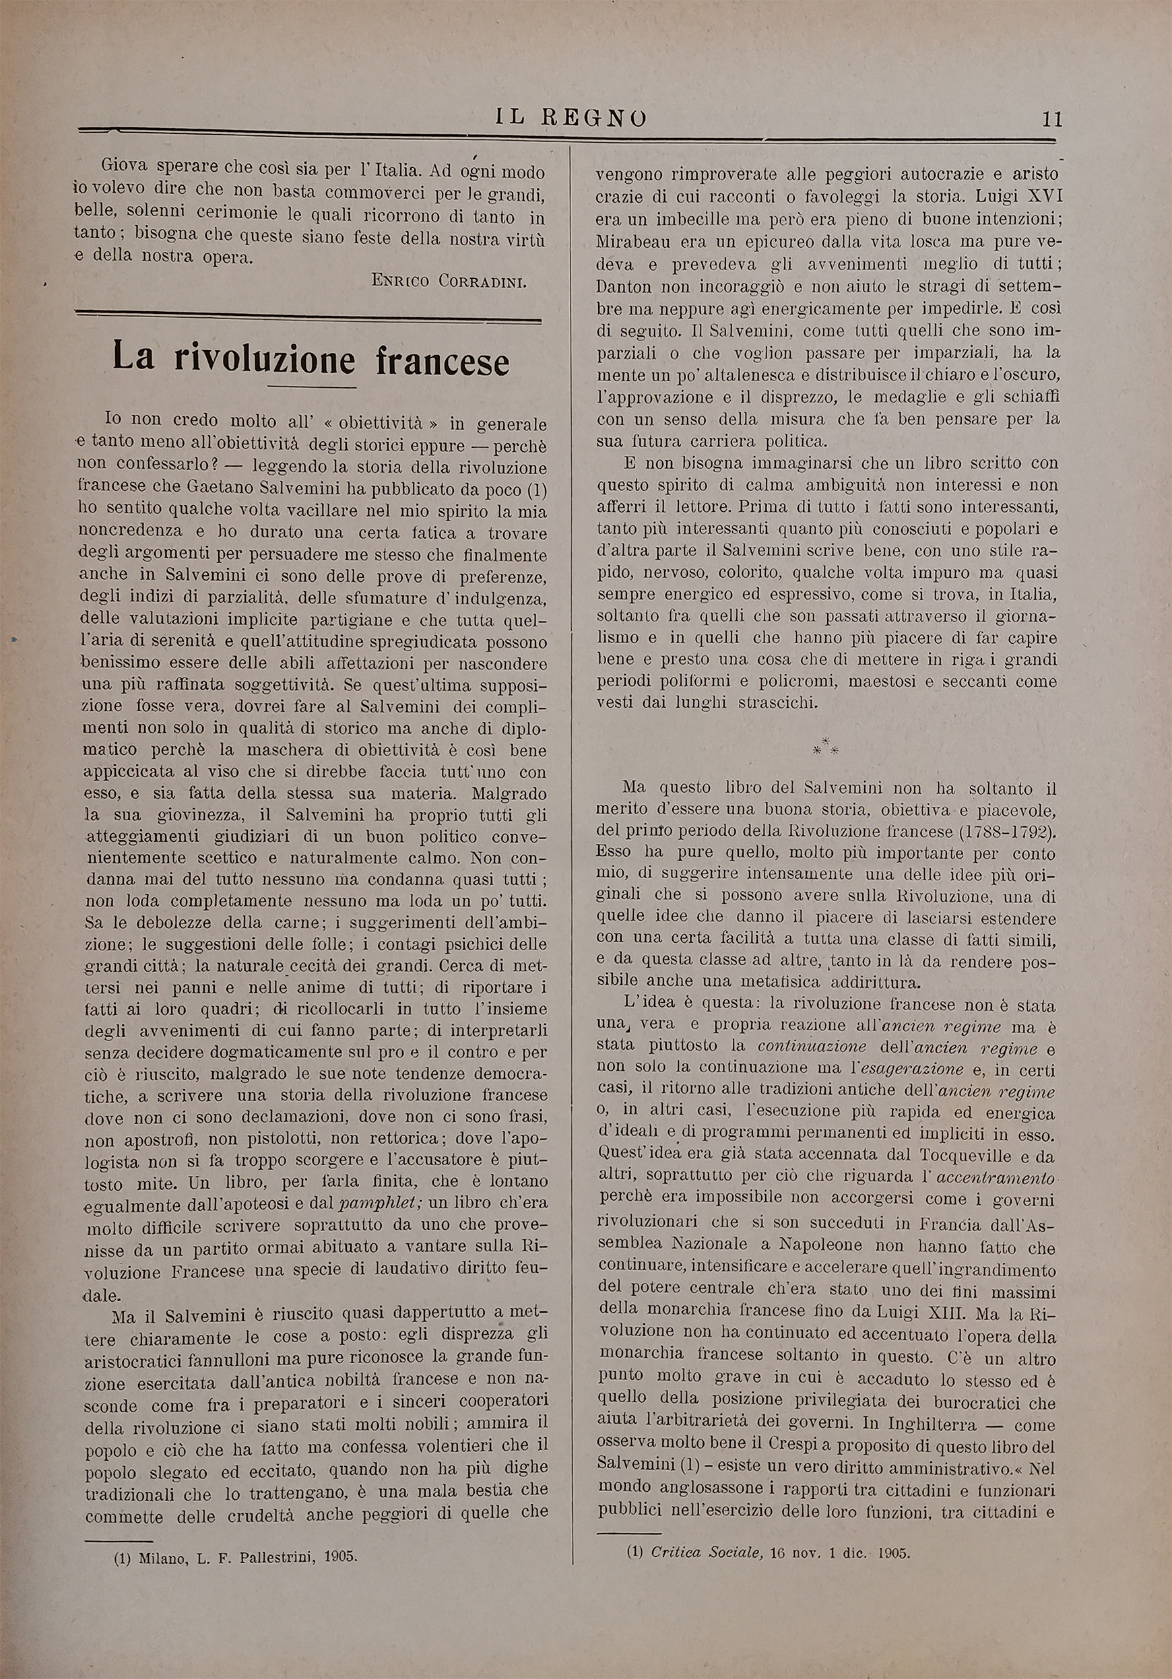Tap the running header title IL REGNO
tap(571, 117)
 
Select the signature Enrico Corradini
tap(448, 280)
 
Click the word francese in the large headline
tap(443, 360)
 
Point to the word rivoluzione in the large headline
tap(265, 359)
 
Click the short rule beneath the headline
tap(311, 387)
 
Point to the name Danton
tap(624, 286)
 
